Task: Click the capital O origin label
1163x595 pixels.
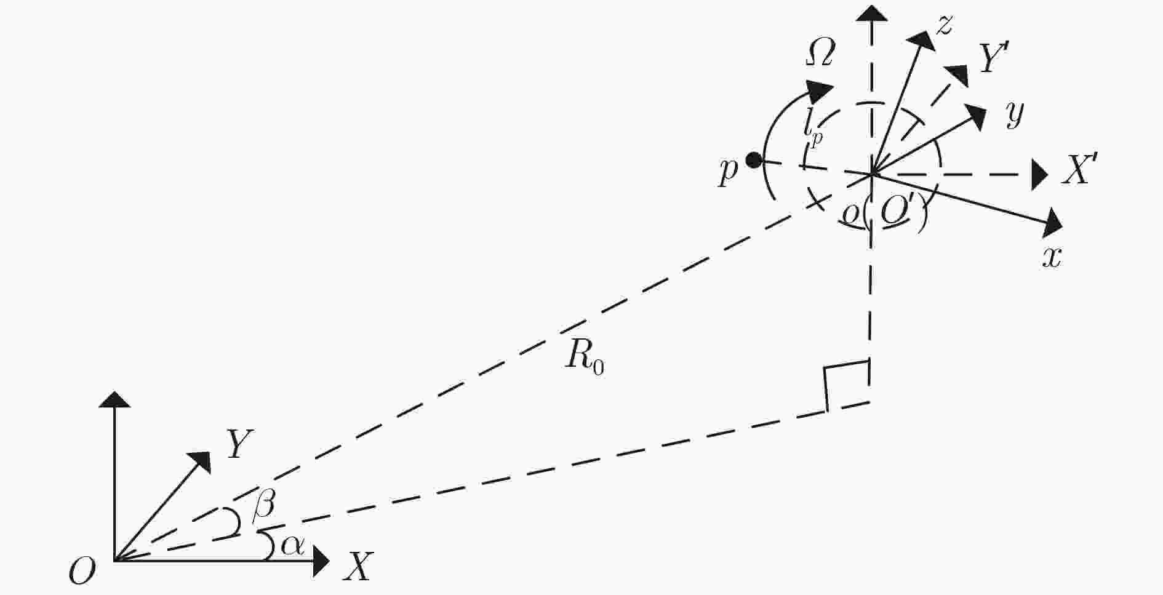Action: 82,571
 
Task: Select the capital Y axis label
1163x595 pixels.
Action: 241,445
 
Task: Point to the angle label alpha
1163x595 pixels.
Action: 292,546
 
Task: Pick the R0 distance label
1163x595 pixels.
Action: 585,356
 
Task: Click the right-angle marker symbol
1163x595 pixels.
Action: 847,386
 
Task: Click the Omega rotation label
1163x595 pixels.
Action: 820,55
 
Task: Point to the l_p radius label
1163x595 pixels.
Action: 812,131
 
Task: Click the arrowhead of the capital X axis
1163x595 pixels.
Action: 321,561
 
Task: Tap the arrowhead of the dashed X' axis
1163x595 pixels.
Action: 1039,175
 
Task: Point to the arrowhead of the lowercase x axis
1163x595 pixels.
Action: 1053,223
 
